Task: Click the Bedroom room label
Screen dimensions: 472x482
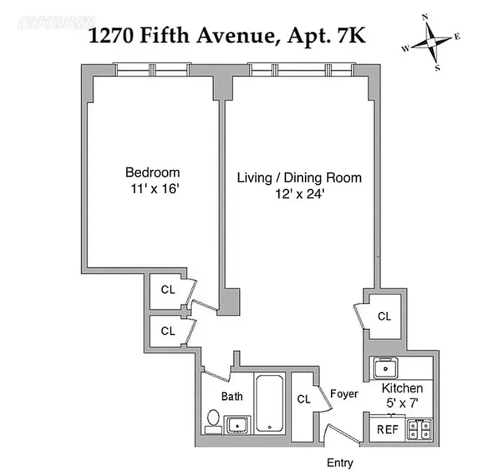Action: (152, 173)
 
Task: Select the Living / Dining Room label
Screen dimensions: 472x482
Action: (299, 178)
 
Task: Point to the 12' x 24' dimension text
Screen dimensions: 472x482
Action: (299, 195)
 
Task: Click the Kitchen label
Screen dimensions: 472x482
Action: (402, 388)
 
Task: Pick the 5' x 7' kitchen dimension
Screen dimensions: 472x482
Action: (402, 405)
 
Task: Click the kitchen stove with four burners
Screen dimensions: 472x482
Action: (420, 428)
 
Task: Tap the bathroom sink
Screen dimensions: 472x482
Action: (237, 424)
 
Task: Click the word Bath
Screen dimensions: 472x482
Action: (232, 396)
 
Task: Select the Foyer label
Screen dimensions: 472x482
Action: (343, 394)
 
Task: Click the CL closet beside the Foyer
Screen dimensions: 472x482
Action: (304, 399)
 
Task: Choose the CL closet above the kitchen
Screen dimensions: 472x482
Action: (384, 317)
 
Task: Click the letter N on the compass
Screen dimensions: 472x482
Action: (425, 18)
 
